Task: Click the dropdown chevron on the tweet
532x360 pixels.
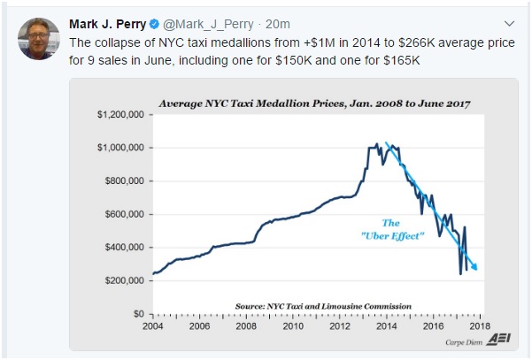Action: click(508, 22)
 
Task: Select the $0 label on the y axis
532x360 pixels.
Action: click(137, 314)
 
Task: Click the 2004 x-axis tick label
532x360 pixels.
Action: click(152, 326)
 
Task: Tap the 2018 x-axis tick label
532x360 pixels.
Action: click(476, 326)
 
